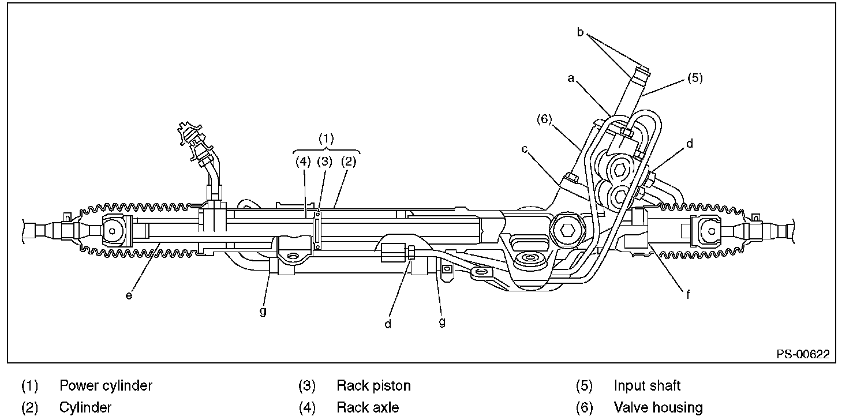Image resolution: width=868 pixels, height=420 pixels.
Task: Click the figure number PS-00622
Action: point(803,354)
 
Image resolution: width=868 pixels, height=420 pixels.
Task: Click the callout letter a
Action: point(571,78)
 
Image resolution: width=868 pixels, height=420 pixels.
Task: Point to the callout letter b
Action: point(581,32)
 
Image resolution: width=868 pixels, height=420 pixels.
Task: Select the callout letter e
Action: point(129,295)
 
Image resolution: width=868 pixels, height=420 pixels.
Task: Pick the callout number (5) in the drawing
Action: point(694,77)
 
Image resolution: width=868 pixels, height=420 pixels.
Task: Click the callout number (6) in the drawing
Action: point(544,119)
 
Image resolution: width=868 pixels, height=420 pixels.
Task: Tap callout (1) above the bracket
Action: point(327,138)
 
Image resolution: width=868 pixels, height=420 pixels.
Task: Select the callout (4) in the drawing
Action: point(304,162)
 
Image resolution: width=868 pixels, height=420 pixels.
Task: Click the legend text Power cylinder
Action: point(106,385)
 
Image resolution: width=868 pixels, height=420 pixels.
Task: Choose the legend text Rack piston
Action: point(373,385)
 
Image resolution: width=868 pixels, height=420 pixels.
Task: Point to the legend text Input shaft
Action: point(647,385)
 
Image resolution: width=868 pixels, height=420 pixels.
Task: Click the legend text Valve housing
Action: point(658,408)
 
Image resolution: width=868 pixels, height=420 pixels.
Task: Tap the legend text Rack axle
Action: point(368,408)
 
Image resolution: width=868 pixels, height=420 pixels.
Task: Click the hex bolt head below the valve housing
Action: point(567,232)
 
